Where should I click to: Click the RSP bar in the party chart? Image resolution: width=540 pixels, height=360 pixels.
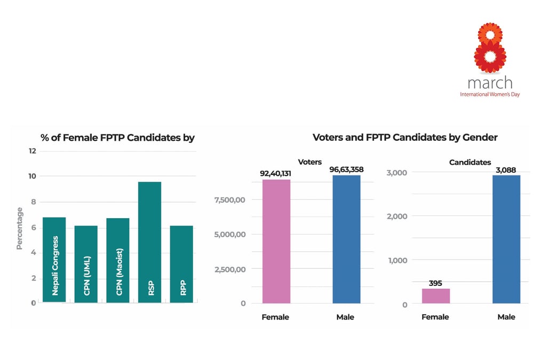pos(149,242)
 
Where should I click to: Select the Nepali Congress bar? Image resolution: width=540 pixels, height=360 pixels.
pos(54,260)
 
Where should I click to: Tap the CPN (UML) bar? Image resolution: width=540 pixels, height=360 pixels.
pos(86,264)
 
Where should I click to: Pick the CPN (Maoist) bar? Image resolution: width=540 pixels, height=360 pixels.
pos(117,260)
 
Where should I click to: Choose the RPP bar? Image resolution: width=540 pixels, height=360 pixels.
pos(181,264)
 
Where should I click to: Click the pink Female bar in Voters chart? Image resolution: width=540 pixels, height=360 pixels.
pos(276,241)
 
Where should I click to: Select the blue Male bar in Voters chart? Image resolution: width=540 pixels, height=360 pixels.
pos(346,239)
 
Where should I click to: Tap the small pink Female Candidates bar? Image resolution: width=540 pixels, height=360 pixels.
pos(436,296)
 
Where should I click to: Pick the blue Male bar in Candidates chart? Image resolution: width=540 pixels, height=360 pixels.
pos(506,239)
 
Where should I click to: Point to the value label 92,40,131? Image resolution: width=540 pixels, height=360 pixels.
pos(276,173)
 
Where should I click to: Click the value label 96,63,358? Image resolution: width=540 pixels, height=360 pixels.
pos(346,170)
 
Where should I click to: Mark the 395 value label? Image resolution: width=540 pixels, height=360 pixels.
pos(435,283)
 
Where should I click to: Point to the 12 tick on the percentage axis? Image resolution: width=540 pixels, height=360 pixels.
pos(33,151)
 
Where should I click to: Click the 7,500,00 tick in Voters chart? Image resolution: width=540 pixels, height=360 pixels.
pos(229,199)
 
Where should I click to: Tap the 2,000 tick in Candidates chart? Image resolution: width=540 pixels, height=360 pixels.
pos(396,217)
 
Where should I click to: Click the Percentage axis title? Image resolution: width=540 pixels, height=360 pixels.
pos(20,229)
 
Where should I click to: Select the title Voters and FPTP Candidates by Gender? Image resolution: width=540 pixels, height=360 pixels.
pos(404,138)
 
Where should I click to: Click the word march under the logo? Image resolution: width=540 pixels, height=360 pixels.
pos(490,83)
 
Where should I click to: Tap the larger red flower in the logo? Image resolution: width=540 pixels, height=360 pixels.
pos(490,57)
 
